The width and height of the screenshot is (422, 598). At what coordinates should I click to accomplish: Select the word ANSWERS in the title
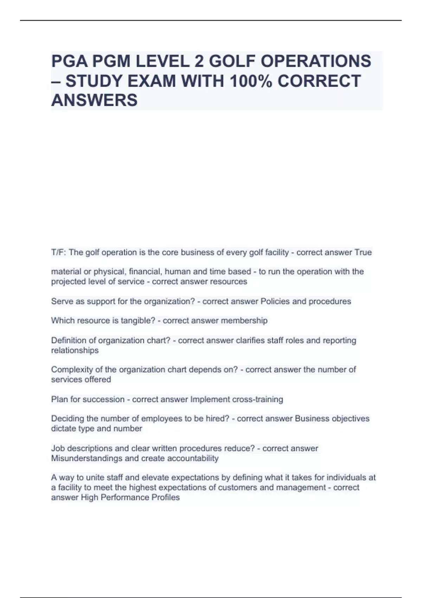click(x=94, y=100)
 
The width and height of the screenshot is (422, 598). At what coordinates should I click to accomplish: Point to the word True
click(x=363, y=253)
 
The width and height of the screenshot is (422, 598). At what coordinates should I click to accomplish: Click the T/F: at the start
click(x=59, y=253)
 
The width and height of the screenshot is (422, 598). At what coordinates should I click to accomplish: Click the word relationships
click(x=75, y=350)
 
